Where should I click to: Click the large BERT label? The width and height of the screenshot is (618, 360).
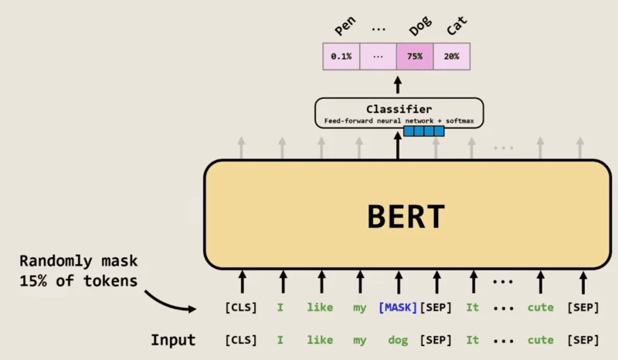[406, 216]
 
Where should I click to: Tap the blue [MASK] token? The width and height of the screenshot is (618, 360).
[397, 307]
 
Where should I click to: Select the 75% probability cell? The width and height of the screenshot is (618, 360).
[415, 56]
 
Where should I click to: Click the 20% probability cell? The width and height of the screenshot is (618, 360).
[452, 56]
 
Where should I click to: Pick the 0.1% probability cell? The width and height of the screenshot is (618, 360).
[341, 56]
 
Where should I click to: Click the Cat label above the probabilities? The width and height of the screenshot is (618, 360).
[457, 29]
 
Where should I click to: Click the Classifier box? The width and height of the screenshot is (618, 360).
[399, 113]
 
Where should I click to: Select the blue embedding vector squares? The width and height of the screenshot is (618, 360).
[424, 131]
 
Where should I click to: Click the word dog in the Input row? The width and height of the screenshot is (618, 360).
[397, 340]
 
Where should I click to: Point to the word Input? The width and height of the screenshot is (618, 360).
[173, 340]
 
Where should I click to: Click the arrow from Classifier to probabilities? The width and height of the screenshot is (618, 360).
[399, 84]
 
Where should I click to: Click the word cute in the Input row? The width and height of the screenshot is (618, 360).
[541, 340]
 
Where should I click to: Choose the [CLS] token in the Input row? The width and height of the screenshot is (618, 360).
[241, 340]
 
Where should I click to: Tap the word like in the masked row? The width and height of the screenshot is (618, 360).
[320, 307]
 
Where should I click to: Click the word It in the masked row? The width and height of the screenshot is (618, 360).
[472, 307]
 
